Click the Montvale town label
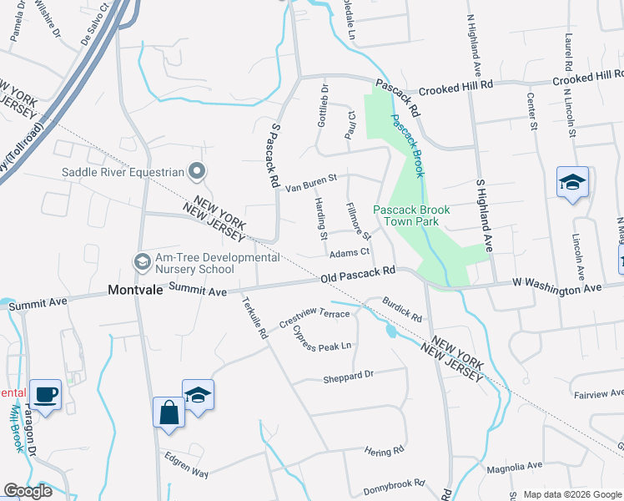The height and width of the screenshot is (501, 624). tap(136, 291)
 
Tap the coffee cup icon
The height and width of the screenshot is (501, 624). tap(45, 394)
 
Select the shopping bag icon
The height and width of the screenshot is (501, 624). tap(169, 412)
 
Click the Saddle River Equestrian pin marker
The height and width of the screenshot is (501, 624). tap(197, 172)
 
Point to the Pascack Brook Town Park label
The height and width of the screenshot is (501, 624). tap(411, 216)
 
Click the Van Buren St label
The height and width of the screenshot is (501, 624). tap(310, 183)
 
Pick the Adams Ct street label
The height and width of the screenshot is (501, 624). tap(349, 252)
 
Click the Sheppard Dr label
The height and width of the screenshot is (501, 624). tap(348, 377)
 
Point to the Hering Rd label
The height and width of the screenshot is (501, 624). tap(384, 452)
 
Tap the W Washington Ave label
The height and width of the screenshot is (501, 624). tap(556, 288)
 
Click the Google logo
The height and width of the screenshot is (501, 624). tap(27, 491)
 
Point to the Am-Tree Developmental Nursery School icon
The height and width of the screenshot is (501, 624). tap(142, 262)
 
